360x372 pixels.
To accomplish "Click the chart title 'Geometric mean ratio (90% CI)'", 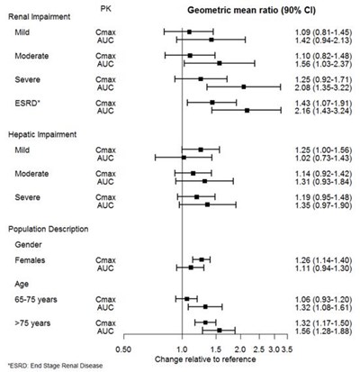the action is coord(251,11).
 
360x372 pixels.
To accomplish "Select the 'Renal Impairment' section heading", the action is coord(39,17).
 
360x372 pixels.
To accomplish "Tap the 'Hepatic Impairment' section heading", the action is coord(42,134).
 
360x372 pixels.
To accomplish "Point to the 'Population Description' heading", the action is coord(49,229).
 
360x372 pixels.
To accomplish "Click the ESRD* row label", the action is coord(27,104).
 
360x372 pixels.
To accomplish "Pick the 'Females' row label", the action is coord(30,260).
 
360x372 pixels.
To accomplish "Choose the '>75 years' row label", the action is coord(32,323).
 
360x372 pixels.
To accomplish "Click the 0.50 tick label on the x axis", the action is coord(123,349).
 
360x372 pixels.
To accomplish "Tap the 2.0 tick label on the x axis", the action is coord(240,349).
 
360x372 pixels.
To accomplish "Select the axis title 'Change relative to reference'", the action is coord(205,359).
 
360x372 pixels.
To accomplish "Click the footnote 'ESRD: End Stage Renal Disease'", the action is coord(55,366).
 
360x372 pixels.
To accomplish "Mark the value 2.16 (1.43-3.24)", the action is coord(322,111).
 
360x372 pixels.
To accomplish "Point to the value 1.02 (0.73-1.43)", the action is coord(322,159).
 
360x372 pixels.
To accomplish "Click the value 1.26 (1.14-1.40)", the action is coord(322,260).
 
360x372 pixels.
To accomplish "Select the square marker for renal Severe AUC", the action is coord(244,86).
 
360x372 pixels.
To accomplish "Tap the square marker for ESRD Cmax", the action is coord(212,103).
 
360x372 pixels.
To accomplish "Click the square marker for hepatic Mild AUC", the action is coord(184,158).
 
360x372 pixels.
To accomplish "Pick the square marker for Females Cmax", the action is coord(202,259).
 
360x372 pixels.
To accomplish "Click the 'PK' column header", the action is coord(105,9).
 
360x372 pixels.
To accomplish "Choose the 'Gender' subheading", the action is coord(29,245).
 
